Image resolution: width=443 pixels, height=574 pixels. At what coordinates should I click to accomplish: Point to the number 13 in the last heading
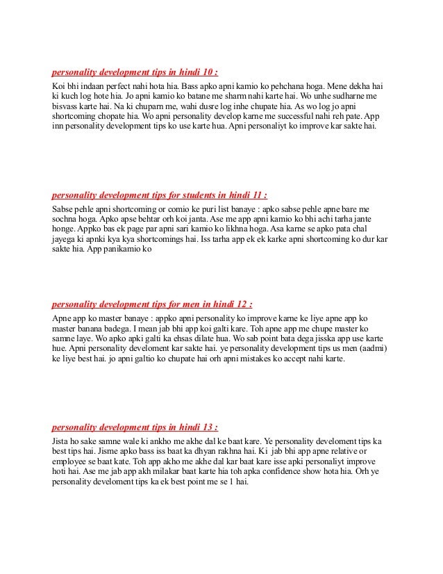206,427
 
